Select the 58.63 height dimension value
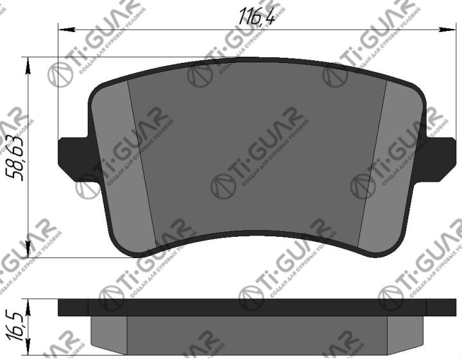click(14, 158)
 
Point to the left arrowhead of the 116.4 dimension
click(63, 28)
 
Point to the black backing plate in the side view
click(257, 308)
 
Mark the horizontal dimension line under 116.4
click(160, 28)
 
